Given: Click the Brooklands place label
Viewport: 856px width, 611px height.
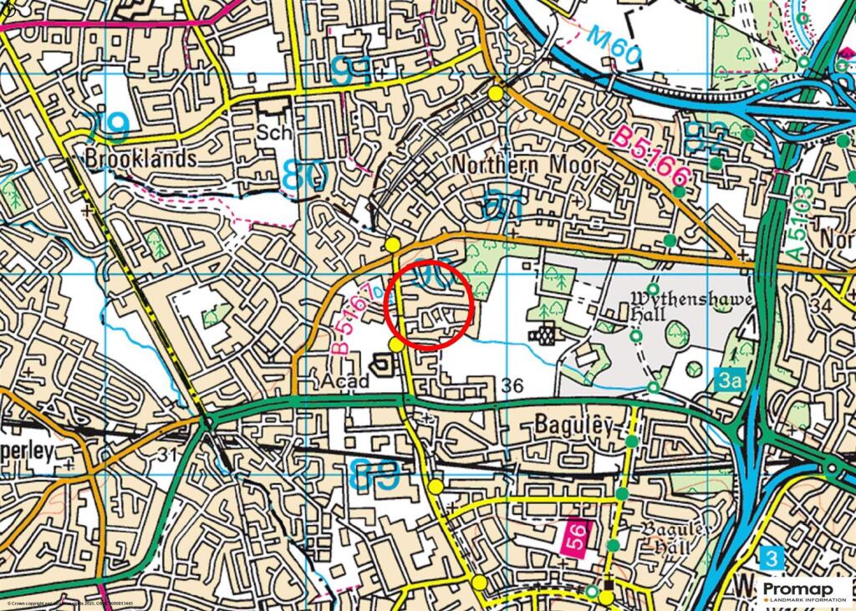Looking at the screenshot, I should pyautogui.click(x=141, y=158).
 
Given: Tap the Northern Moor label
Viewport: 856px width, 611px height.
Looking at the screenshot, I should pyautogui.click(x=526, y=165).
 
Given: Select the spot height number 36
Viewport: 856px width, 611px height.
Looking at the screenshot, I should pyautogui.click(x=514, y=384).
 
